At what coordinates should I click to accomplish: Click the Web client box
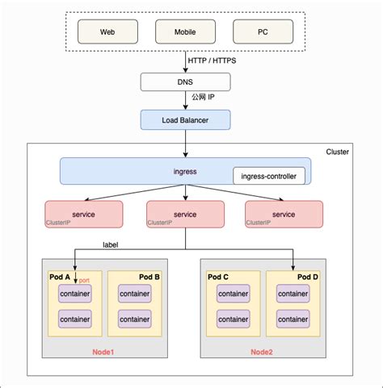107,31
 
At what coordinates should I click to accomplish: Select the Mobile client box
186,31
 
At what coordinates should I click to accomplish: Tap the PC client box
263,31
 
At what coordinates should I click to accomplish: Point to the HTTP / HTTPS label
212,61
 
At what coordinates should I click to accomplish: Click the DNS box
186,81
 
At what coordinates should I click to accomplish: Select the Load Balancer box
186,119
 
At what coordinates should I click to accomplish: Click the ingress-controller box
269,176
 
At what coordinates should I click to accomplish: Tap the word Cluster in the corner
337,152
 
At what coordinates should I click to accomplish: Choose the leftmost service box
84,215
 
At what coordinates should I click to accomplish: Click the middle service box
185,215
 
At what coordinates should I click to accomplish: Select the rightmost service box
284,215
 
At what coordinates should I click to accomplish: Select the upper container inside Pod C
234,294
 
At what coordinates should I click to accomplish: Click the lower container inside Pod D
293,319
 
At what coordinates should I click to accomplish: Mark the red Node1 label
103,352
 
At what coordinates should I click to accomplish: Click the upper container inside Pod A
74,294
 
